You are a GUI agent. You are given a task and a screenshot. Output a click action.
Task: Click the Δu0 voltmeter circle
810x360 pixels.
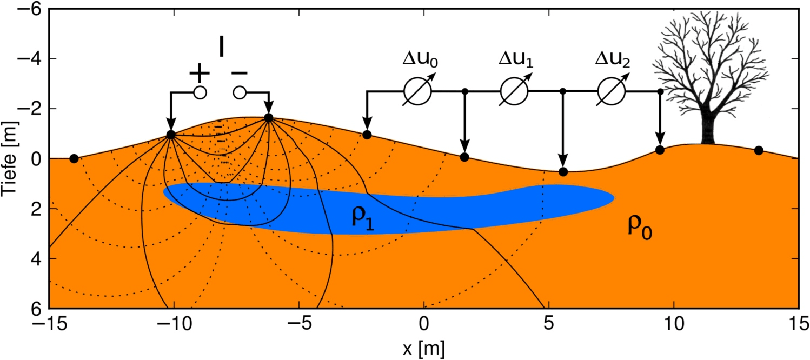(417, 92)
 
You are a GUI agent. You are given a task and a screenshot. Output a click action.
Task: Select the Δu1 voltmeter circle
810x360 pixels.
(514, 92)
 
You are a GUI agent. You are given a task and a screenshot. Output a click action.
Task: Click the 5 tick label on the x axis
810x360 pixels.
(549, 326)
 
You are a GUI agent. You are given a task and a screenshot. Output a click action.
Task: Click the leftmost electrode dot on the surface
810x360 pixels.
(74, 158)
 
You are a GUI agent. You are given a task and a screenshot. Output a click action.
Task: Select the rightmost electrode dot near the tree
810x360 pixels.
(759, 150)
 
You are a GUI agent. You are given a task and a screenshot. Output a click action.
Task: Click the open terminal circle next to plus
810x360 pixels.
(200, 93)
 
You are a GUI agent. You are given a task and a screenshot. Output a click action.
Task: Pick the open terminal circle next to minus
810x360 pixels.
(240, 93)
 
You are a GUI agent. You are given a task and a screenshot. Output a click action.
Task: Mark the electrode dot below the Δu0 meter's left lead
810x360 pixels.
(367, 135)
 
